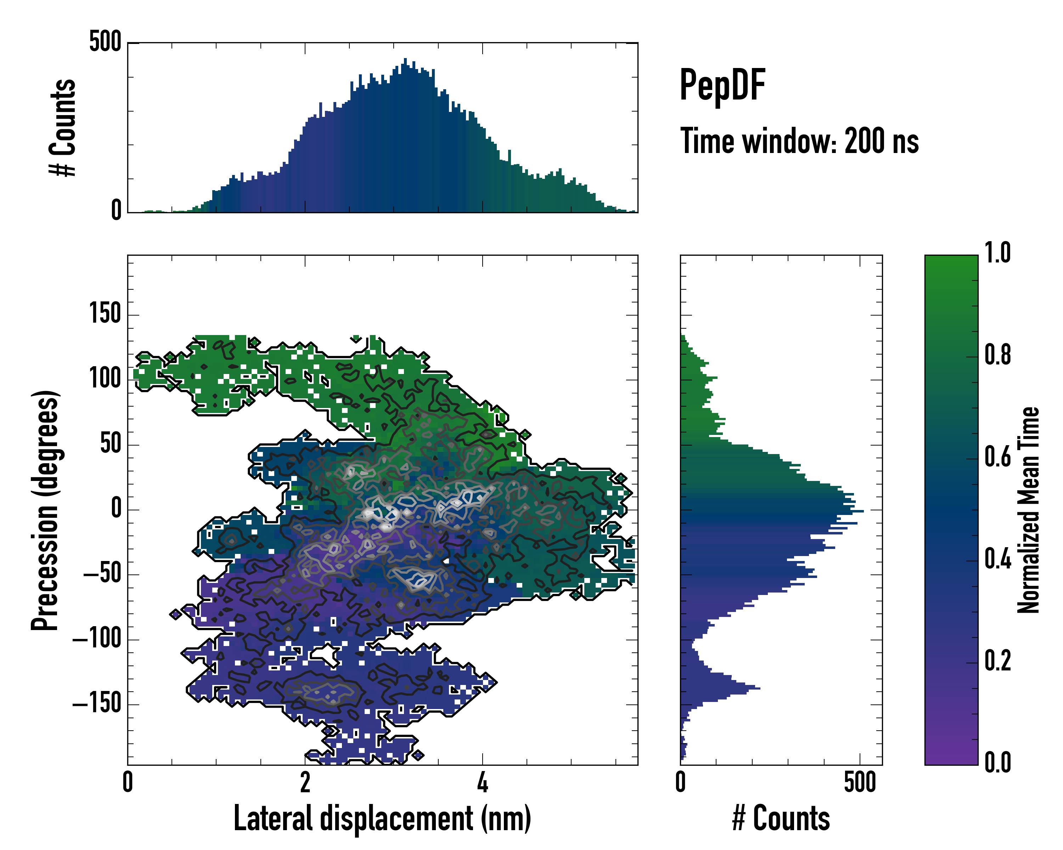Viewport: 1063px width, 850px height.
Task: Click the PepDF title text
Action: tap(722, 86)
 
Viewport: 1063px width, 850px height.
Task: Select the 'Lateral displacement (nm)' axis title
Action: tap(382, 818)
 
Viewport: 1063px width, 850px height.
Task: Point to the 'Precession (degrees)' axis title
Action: tap(45, 510)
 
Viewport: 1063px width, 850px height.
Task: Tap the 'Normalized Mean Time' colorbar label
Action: tap(1029, 510)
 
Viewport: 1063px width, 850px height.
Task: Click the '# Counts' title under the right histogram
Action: tap(781, 818)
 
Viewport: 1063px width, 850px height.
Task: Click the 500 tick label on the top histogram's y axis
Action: tap(105, 42)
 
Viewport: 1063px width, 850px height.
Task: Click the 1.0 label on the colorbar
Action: tap(997, 254)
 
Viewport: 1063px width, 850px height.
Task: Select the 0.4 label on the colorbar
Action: tap(997, 560)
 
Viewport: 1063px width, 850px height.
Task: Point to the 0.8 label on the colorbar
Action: tap(997, 356)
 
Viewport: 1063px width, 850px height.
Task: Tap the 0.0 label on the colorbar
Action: tap(997, 763)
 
